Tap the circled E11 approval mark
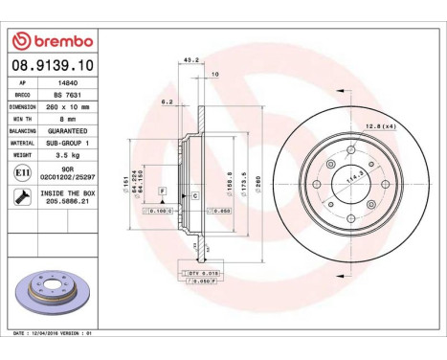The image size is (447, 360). pos(21,171)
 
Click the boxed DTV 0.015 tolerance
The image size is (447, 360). pos(202,273)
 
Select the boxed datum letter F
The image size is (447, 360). pos(163,193)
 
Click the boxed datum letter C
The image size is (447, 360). pos(194,195)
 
